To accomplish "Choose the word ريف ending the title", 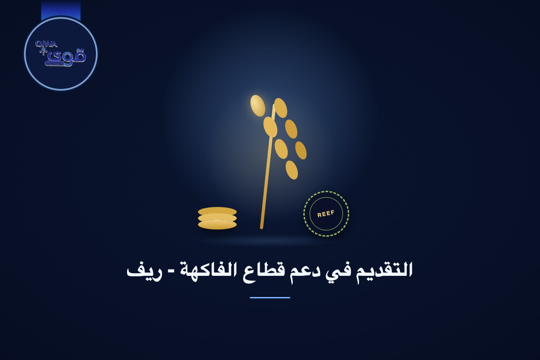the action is pyautogui.click(x=140, y=272).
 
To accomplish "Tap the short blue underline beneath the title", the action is pyautogui.click(x=270, y=297).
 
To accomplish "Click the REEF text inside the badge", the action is pyautogui.click(x=326, y=214).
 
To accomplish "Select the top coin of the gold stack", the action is pyautogui.click(x=217, y=211).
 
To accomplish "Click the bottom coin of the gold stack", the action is pyautogui.click(x=217, y=225).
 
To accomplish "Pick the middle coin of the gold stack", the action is pyautogui.click(x=217, y=218).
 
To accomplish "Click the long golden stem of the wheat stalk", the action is pyautogui.click(x=267, y=166).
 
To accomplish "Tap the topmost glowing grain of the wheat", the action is pyautogui.click(x=258, y=106).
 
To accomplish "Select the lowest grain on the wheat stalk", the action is pyautogui.click(x=292, y=170).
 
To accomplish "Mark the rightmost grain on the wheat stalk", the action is pyautogui.click(x=301, y=150).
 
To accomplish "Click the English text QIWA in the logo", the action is pyautogui.click(x=46, y=44).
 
